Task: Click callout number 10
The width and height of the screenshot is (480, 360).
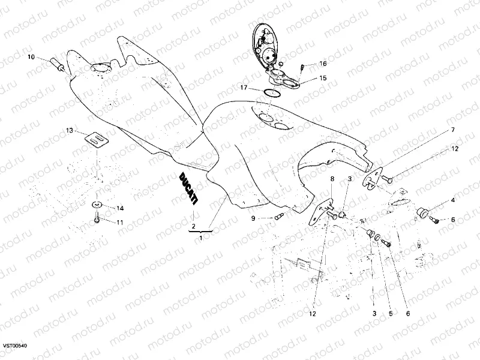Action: (x=31, y=58)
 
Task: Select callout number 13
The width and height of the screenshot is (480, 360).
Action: (x=69, y=130)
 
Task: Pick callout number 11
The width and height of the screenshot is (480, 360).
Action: (x=120, y=223)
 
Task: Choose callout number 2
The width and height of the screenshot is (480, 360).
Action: (x=193, y=226)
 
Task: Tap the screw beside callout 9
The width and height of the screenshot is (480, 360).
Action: (x=278, y=216)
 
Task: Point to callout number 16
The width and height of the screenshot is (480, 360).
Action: (x=323, y=64)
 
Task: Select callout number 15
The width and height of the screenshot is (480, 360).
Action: (x=323, y=78)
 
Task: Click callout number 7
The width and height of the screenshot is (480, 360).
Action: (x=453, y=130)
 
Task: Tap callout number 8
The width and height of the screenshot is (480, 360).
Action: (x=331, y=179)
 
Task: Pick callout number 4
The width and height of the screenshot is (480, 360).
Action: (x=453, y=200)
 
